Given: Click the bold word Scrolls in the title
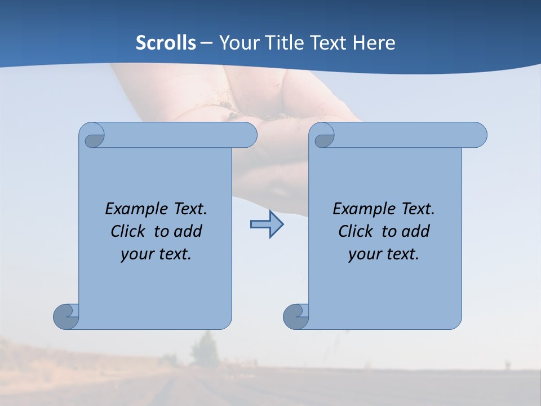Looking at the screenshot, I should click(x=166, y=43).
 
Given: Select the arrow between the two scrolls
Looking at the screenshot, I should click(x=267, y=224).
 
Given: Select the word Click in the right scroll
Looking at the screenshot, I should click(x=356, y=232).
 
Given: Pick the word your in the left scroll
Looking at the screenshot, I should click(x=136, y=255).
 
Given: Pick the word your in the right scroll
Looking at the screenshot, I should click(x=363, y=255).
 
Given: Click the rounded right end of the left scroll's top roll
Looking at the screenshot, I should click(x=248, y=135).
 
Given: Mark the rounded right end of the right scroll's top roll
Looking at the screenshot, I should click(x=478, y=135).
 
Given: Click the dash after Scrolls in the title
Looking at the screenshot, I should click(x=206, y=43).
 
